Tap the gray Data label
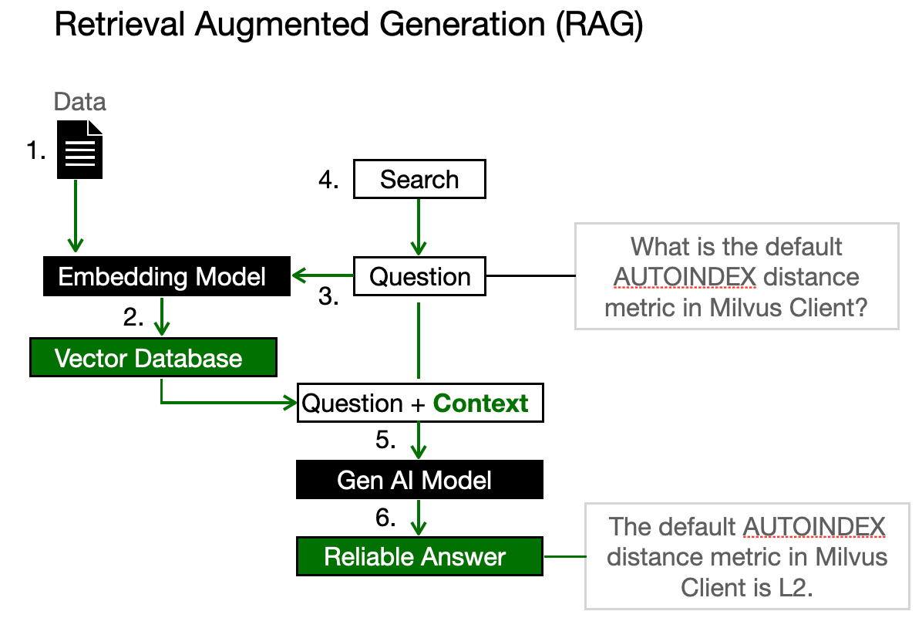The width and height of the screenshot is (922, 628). [x=80, y=103]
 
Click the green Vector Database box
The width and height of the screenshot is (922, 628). [x=153, y=358]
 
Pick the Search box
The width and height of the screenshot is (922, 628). [x=419, y=180]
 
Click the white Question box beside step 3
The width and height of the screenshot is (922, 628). [x=419, y=277]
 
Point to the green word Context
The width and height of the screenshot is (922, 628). [x=481, y=403]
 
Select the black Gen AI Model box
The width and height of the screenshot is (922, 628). [x=419, y=480]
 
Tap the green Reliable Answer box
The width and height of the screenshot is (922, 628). [x=419, y=556]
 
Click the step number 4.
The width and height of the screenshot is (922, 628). [x=329, y=181]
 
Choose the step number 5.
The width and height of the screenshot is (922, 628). [x=385, y=441]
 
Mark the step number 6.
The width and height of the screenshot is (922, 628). [x=385, y=518]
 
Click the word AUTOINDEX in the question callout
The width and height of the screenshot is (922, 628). [x=685, y=277]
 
